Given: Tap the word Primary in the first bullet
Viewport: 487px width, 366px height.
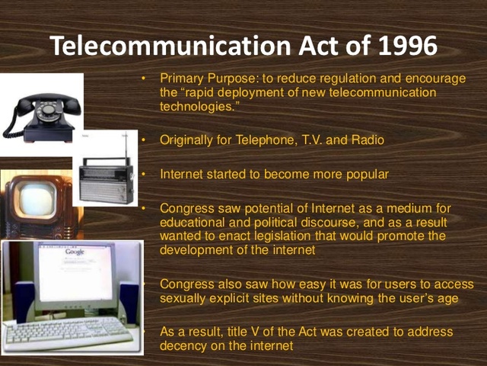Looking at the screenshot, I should pos(181,79).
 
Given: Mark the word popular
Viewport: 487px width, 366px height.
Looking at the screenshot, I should pos(361,174).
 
